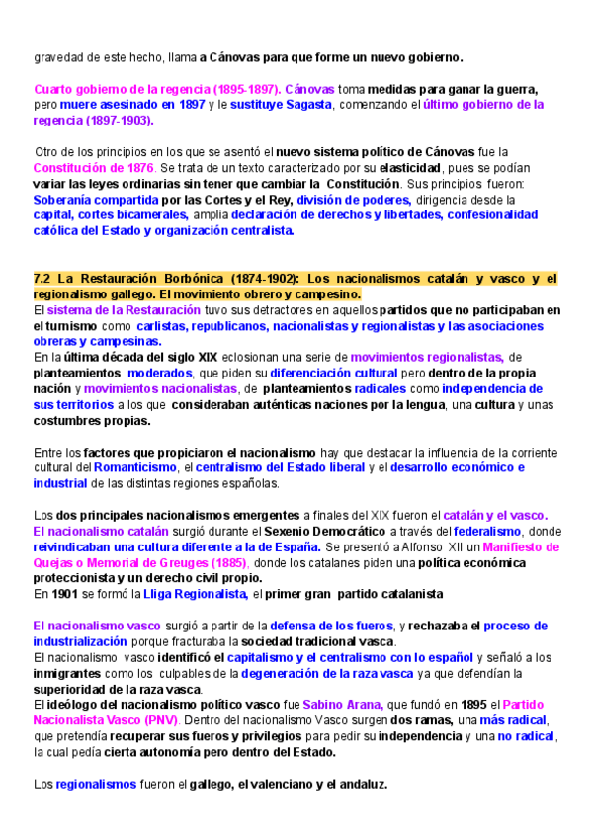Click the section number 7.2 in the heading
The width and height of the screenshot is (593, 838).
(43, 280)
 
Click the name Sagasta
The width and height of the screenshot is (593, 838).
(310, 104)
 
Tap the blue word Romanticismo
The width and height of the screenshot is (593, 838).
(134, 467)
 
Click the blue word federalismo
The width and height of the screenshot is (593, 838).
(474, 531)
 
